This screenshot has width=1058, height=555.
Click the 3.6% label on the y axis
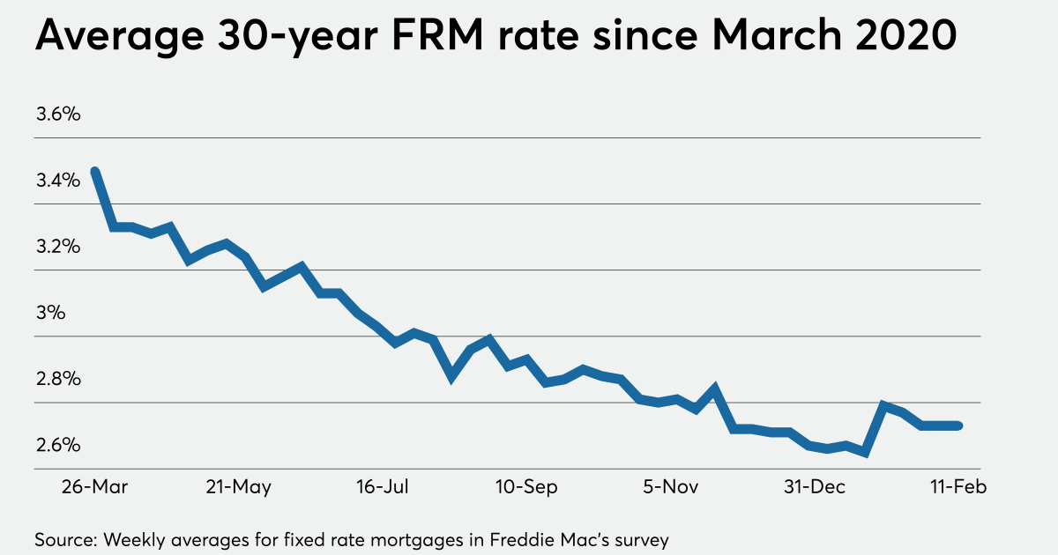58,115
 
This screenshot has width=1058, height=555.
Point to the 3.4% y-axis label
58,181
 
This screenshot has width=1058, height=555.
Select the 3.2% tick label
58,247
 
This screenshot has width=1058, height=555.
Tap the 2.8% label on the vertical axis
58,379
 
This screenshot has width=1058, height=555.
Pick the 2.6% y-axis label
58,445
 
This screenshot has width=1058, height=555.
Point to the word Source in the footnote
63,538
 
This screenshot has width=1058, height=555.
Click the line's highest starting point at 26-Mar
94,171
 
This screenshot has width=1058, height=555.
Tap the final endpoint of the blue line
958,425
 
